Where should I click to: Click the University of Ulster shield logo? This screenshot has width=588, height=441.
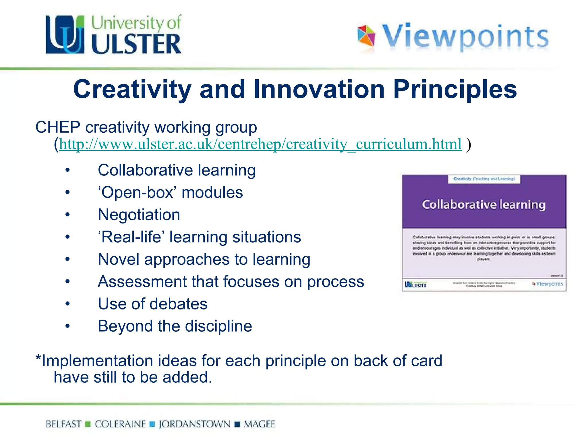pos(65,34)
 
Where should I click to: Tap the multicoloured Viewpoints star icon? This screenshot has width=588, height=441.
pos(366,36)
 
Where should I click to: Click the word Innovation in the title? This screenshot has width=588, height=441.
pos(319,89)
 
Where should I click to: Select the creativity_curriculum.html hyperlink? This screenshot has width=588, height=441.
pos(260,144)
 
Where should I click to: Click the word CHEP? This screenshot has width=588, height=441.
pos(58,127)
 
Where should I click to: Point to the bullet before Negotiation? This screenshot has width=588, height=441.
pos(67,215)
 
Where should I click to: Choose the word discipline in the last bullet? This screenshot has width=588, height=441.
pos(218,326)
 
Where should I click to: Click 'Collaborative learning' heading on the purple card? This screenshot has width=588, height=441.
pos(484,205)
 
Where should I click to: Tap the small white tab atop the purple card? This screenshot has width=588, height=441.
pos(484,179)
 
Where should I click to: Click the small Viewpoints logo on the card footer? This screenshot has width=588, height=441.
pos(548,284)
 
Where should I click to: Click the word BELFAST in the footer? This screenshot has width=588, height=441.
pos(63,424)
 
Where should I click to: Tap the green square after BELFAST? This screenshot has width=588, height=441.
pos(88,424)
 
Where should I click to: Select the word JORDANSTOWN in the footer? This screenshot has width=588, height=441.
pos(194,424)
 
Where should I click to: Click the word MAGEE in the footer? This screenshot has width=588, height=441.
pos(259,424)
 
